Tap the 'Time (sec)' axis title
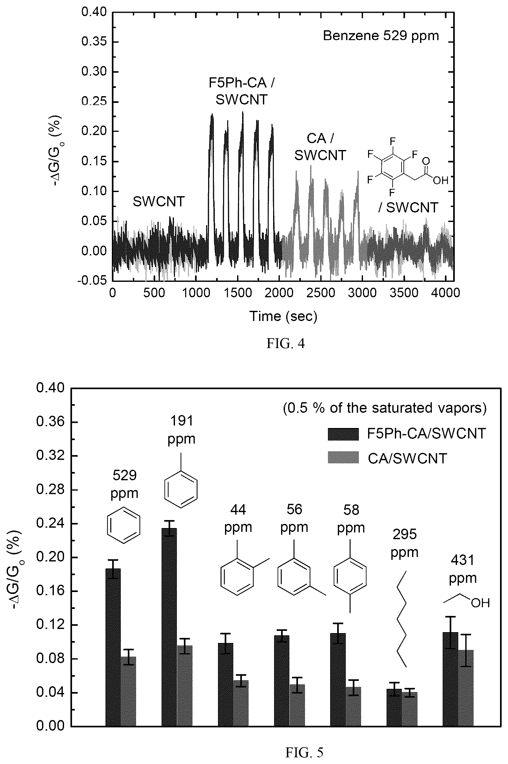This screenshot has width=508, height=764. tap(283, 316)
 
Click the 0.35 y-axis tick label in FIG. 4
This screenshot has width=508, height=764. tap(94, 42)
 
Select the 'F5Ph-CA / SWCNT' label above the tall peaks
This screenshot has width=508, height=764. tap(241, 91)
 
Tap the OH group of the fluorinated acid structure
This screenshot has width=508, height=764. tap(440, 180)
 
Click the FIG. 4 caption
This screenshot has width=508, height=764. tap(286, 344)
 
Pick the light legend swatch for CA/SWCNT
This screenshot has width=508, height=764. tap(343, 457)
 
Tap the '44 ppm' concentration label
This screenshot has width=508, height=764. tap(238, 518)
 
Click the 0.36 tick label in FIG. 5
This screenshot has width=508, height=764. tap(50, 422)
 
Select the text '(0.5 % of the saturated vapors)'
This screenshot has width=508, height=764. tap(385, 409)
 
